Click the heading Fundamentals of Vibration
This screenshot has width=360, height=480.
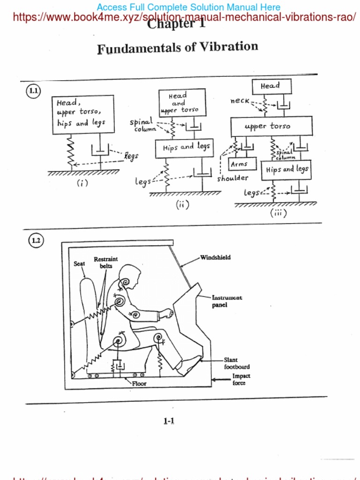point(178,48)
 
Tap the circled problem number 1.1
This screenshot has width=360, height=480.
point(33,91)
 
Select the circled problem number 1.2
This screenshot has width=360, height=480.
point(36,241)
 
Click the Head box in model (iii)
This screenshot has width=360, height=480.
point(271,86)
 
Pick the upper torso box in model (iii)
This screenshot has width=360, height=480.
point(271,126)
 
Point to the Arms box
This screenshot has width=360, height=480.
point(242,164)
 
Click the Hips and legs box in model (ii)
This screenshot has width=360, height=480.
point(185,148)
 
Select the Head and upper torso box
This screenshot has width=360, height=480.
point(182,103)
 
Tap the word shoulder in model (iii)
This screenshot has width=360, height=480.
point(232,178)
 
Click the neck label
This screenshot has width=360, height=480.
point(240,101)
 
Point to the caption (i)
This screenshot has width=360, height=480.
point(82,183)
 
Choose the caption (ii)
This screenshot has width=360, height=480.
point(182,204)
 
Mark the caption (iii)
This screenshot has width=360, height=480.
point(278,212)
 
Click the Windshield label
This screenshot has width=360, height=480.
point(215,257)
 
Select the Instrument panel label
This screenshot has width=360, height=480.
point(227,301)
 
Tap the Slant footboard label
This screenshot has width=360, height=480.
point(236,363)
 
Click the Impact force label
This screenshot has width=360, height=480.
point(241,379)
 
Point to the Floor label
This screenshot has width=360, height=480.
point(139,383)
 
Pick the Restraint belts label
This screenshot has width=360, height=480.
point(106,262)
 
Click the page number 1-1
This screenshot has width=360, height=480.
point(169,421)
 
